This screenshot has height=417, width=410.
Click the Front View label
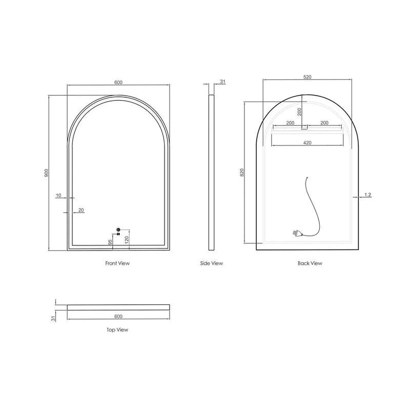click(x=117, y=263)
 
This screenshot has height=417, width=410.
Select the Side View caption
click(x=212, y=263)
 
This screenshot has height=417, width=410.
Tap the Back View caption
click(x=310, y=263)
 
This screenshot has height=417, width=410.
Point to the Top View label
click(x=117, y=330)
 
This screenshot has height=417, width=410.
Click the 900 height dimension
click(x=47, y=173)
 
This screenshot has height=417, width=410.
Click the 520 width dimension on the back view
click(x=307, y=77)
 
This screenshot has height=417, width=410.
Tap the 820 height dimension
click(x=242, y=173)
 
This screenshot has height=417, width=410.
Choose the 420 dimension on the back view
click(x=307, y=143)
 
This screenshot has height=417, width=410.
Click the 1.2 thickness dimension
click(x=367, y=195)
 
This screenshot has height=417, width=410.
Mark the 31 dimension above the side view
click(x=222, y=81)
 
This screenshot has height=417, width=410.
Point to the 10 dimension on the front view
click(x=59, y=195)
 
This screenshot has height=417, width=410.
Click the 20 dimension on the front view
click(x=81, y=210)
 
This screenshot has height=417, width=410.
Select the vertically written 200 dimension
click(x=300, y=111)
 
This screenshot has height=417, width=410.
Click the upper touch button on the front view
click(x=118, y=229)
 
